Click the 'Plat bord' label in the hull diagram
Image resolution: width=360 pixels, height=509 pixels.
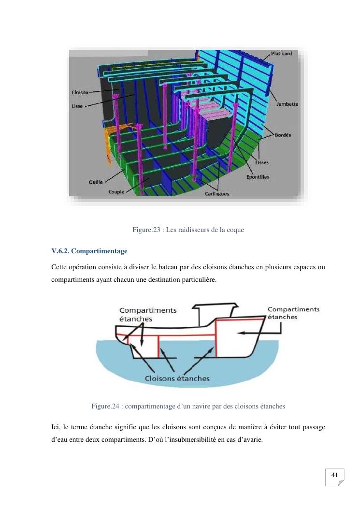click(x=282, y=54)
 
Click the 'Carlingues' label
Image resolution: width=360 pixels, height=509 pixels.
click(x=217, y=194)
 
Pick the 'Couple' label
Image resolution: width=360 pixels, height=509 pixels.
click(x=116, y=192)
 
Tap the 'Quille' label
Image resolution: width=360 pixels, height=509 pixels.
click(x=95, y=182)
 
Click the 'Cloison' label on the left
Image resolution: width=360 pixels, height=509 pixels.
click(x=80, y=92)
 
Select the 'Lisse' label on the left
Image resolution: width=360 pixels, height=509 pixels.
click(x=77, y=106)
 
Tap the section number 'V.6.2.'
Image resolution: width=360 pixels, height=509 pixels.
click(x=63, y=251)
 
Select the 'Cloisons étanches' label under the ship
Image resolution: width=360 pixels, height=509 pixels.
click(x=177, y=378)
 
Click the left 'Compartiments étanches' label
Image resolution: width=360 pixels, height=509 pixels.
click(x=147, y=315)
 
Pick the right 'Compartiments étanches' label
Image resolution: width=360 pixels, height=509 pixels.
click(x=293, y=313)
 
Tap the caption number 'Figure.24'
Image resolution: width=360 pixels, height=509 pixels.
click(x=105, y=407)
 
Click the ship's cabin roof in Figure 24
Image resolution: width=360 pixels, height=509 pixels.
click(x=216, y=306)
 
